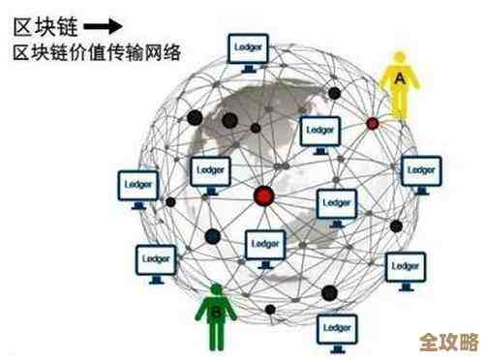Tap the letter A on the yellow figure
click(x=397, y=75)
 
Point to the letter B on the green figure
click(x=217, y=312)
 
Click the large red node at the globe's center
click(x=262, y=197)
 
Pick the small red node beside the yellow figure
click(x=372, y=123)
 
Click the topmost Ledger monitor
click(x=247, y=49)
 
